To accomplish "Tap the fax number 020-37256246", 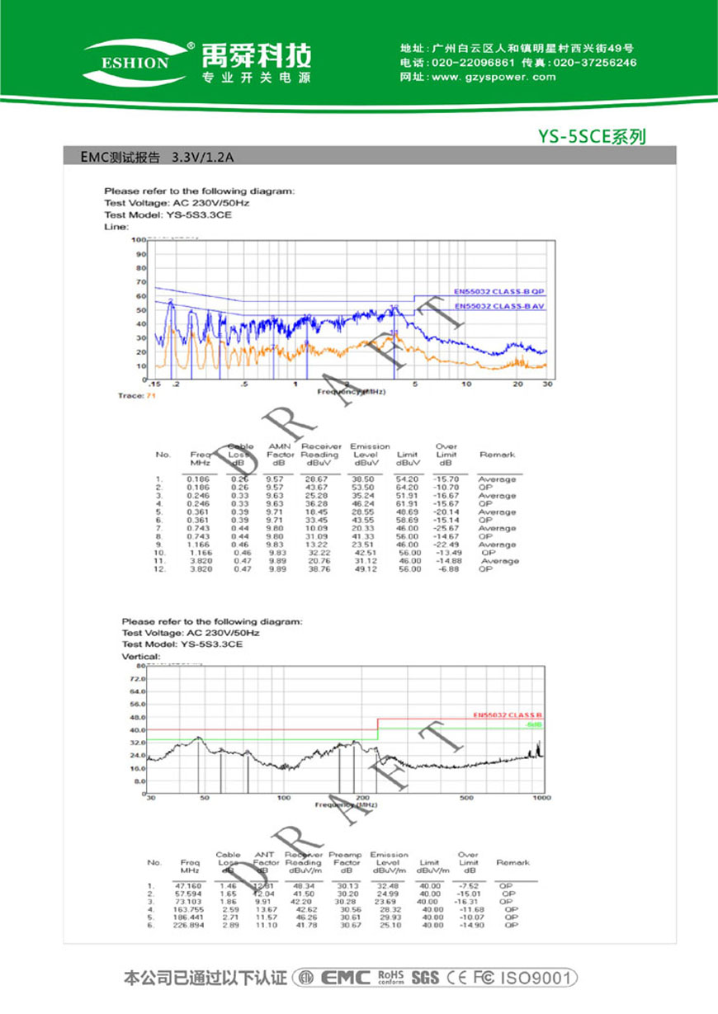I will click(594, 63).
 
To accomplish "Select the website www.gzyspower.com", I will click(493, 77).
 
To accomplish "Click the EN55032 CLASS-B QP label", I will click(500, 291).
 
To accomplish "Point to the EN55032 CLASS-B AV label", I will click(500, 306).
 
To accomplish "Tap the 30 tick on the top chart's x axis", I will click(546, 384).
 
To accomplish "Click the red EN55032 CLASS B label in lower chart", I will click(508, 715).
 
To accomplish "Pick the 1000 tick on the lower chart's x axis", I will click(541, 799).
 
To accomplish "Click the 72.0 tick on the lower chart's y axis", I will click(137, 677).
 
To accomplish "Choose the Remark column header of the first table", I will click(497, 455).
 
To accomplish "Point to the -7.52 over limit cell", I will click(469, 886).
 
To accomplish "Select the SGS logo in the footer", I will click(424, 979).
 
